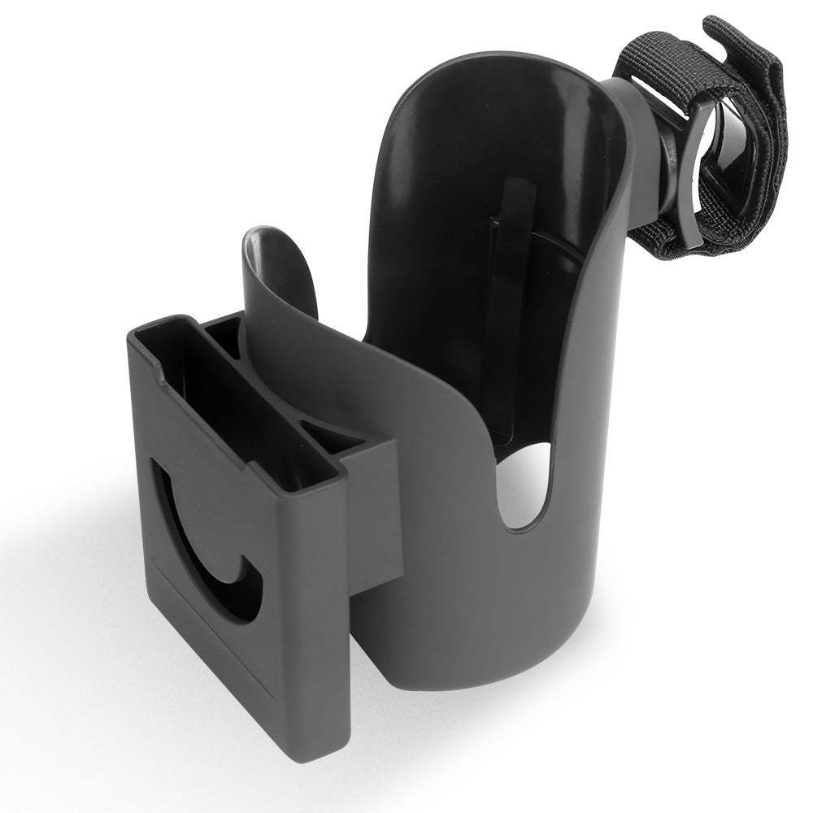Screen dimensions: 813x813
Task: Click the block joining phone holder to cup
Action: (370, 504)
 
